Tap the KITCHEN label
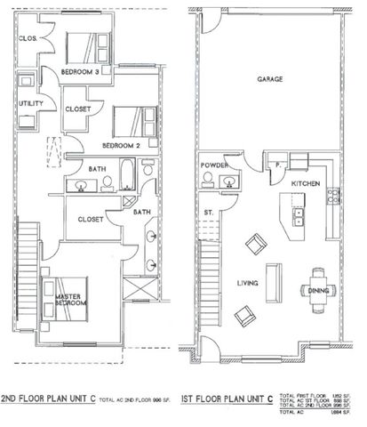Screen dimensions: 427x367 (305, 183)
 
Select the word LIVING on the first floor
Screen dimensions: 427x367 (248, 284)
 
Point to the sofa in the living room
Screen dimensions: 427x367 (277, 283)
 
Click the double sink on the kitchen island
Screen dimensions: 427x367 (299, 215)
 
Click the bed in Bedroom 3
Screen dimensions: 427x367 (82, 44)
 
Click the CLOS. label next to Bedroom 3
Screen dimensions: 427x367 (27, 39)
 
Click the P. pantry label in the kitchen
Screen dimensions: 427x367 (278, 165)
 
